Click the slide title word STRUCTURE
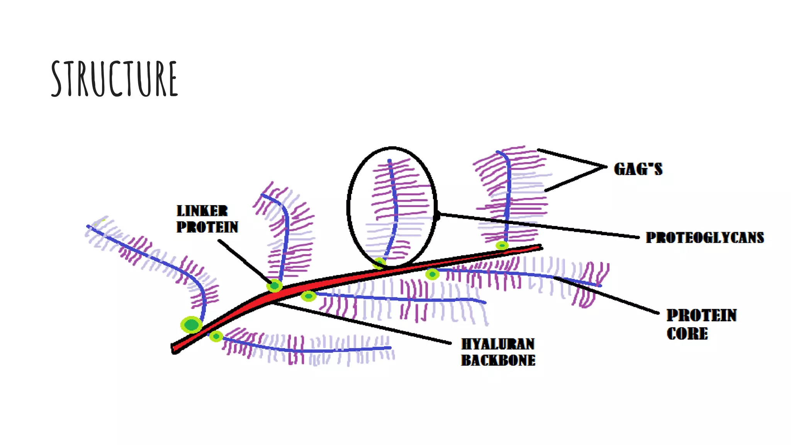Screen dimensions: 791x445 pos(114,79)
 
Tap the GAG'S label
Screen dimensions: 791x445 pos(638,169)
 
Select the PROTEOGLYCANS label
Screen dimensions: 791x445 pos(705,238)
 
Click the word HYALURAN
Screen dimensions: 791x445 pos(498,344)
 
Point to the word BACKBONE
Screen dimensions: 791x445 pos(498,360)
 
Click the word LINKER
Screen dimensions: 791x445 pos(202,211)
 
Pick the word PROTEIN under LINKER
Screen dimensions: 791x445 pos(207,227)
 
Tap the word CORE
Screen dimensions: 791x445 pos(687,334)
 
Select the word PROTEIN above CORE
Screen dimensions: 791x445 pos(701,315)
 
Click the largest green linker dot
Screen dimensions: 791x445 pos(191,324)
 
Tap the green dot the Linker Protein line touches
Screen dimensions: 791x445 pos(275,286)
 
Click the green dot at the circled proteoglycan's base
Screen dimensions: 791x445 pos(379,263)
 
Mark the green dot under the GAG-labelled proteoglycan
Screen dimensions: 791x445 pos(502,245)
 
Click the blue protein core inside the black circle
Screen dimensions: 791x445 pos(395,209)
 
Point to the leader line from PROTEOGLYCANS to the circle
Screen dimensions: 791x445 pos(541,226)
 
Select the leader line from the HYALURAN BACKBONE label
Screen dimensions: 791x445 pos(363,323)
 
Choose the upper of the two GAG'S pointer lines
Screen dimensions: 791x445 pos(572,158)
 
